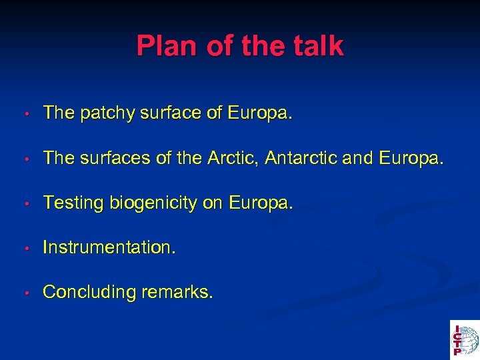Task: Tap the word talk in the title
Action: [x=319, y=47]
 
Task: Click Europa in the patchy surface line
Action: [x=259, y=113]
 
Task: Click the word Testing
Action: [x=70, y=203]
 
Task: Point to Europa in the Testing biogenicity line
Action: [x=259, y=203]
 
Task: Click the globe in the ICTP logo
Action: [x=469, y=338]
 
